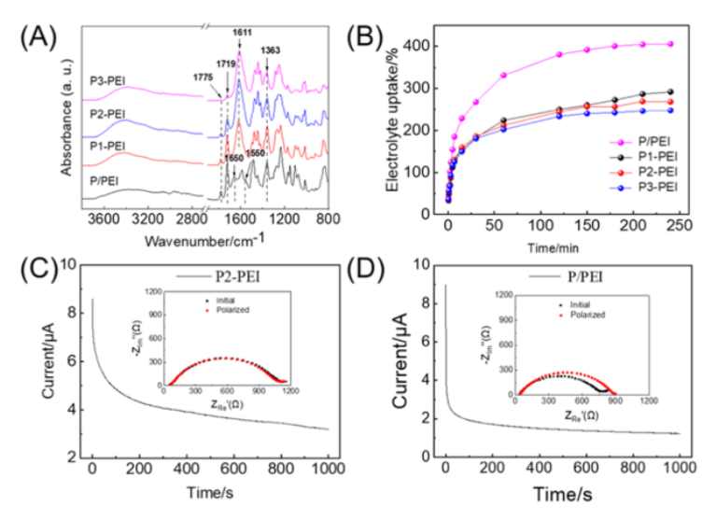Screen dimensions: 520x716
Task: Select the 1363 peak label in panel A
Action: [x=270, y=50]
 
